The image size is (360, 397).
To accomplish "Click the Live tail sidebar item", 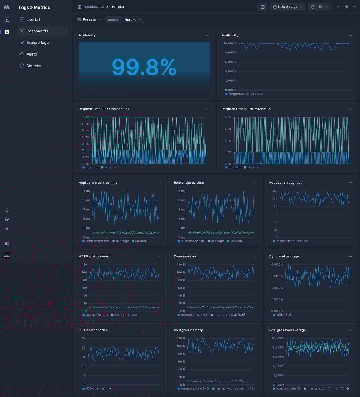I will pyautogui.click(x=33, y=19).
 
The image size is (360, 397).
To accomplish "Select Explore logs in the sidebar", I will pyautogui.click(x=37, y=43).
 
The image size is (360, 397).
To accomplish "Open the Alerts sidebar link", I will pyautogui.click(x=32, y=54).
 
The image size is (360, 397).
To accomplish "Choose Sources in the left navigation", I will pyautogui.click(x=34, y=66).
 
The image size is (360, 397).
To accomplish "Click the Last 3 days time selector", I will pyautogui.click(x=287, y=7).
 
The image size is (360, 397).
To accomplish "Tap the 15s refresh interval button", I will pyautogui.click(x=319, y=7).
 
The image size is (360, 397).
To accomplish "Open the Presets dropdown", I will pyautogui.click(x=89, y=19).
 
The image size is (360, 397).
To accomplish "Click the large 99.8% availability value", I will pyautogui.click(x=144, y=67).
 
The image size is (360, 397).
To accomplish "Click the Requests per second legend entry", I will pyautogui.click(x=245, y=94).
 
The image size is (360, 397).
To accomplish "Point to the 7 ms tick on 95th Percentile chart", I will pyautogui.click(x=85, y=117).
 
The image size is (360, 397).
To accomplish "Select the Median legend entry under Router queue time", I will pyautogui.click(x=236, y=241).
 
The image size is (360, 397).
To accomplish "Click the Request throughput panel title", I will pyautogui.click(x=285, y=183).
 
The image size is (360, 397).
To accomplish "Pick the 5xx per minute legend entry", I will pyautogui.click(x=126, y=315).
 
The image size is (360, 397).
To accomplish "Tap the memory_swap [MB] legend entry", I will pyautogui.click(x=229, y=315).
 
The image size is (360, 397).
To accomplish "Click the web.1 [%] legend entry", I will pyautogui.click(x=284, y=315).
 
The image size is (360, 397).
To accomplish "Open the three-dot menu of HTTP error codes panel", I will pyautogui.click(x=160, y=330).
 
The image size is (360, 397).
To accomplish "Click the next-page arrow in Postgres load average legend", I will pyautogui.click(x=348, y=388).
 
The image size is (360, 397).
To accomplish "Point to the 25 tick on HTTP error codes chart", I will pyautogui.click(x=84, y=338).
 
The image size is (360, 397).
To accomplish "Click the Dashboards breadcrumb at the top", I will pyautogui.click(x=93, y=7).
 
